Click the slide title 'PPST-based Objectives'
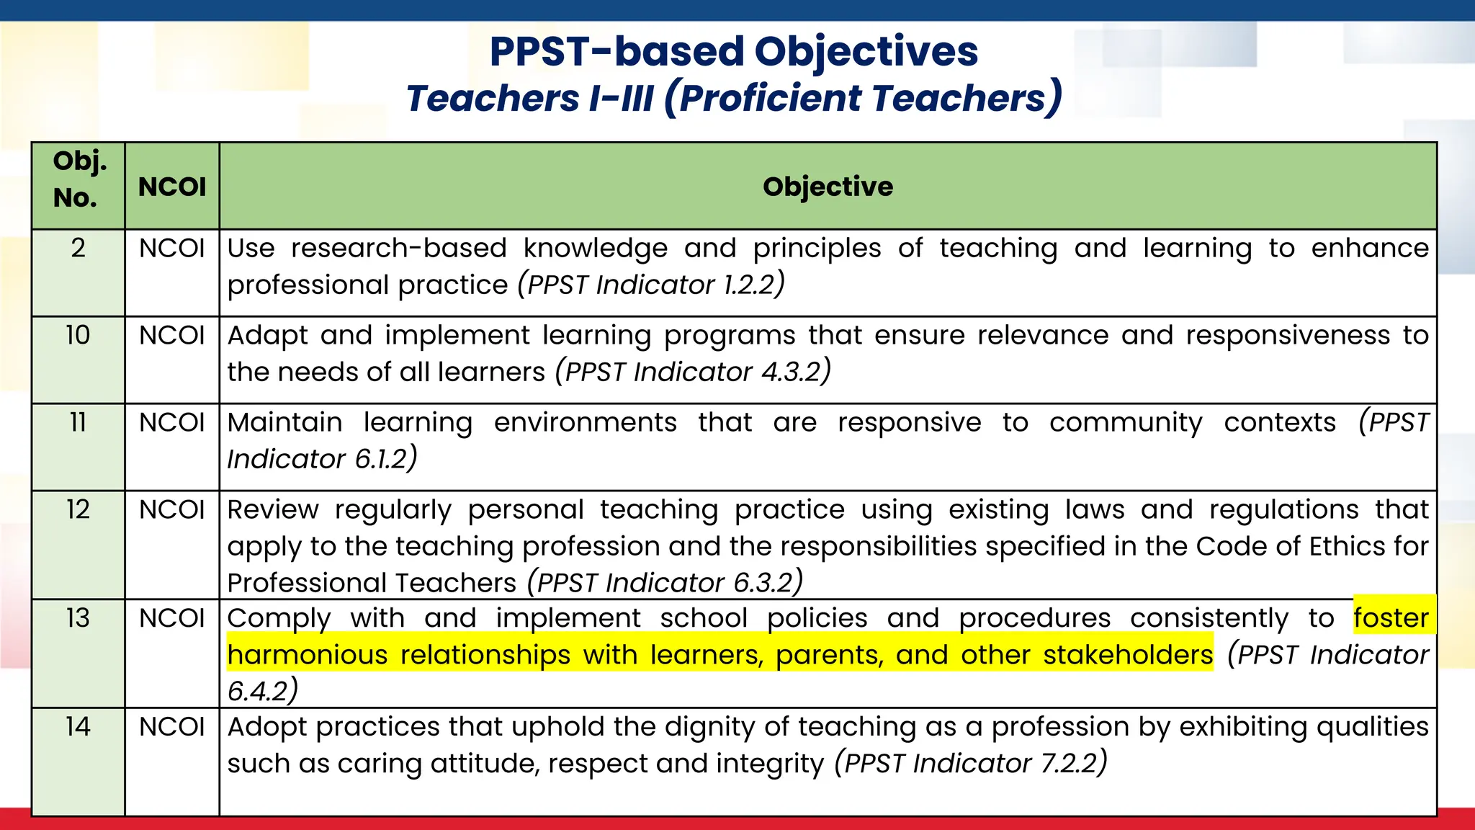[x=733, y=52]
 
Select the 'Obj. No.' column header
[x=79, y=179]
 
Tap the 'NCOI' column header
[x=172, y=187]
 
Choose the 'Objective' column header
[x=828, y=187]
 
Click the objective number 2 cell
[x=78, y=249]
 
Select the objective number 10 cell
[x=78, y=336]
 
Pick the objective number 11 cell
[x=78, y=423]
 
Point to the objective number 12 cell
[x=78, y=510]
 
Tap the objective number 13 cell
[x=78, y=618]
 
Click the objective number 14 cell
[x=78, y=727]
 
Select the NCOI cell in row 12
[x=172, y=510]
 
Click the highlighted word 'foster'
[x=1390, y=618]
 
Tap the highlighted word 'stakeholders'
[x=1128, y=655]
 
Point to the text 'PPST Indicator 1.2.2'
[x=651, y=285]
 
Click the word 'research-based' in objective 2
[x=399, y=249]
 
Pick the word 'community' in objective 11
[x=1126, y=423]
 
